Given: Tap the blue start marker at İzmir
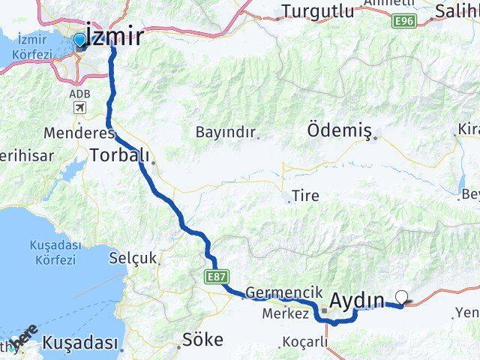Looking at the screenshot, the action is tap(80, 40).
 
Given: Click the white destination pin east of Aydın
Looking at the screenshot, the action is tap(404, 298).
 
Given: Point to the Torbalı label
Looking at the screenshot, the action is tap(120, 156).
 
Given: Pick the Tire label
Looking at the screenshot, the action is tap(306, 196).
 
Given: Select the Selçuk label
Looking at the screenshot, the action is tap(133, 258).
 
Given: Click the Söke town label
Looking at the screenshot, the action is tap(202, 340).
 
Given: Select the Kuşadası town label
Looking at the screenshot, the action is tap(81, 343).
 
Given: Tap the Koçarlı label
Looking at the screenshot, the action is tap(306, 342).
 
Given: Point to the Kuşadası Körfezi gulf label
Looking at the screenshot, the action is tap(53, 252).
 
